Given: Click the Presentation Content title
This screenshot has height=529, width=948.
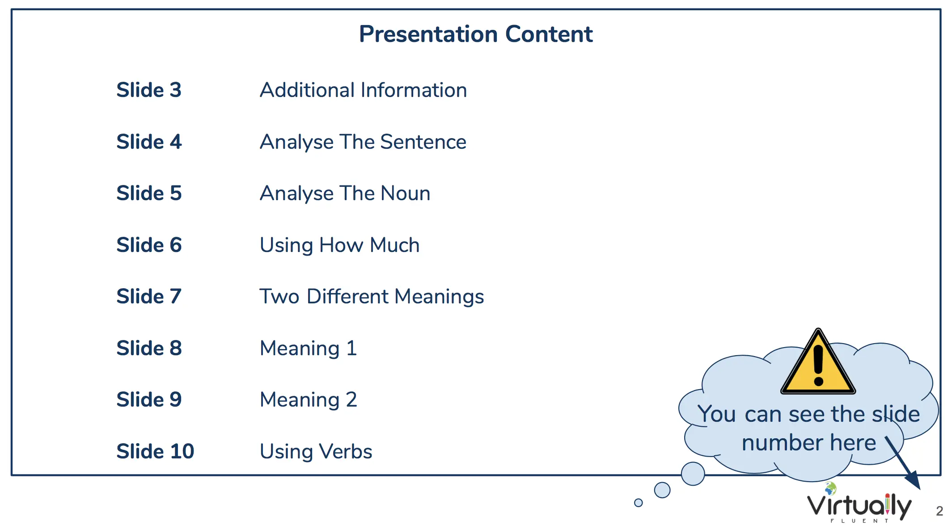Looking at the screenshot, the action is (x=476, y=34).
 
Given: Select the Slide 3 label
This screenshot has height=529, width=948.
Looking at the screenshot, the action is (x=149, y=90).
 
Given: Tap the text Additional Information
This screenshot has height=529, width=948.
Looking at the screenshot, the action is (x=363, y=90).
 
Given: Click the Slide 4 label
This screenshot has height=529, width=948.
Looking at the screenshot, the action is (x=149, y=142).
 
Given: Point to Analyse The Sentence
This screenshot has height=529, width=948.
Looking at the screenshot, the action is (x=363, y=142).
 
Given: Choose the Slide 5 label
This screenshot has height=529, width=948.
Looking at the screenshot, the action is (x=149, y=193).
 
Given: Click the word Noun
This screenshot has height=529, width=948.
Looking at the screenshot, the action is (x=406, y=193).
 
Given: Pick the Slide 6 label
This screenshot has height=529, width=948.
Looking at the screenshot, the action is (x=149, y=245).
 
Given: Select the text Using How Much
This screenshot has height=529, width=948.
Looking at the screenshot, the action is (x=340, y=245).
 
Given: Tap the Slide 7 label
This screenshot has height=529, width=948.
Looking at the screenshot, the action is (x=149, y=296).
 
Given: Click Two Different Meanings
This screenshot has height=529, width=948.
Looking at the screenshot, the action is (x=372, y=297).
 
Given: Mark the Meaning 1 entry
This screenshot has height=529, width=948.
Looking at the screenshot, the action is (x=309, y=348).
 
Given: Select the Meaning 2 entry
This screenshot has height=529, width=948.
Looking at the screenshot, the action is (x=309, y=400).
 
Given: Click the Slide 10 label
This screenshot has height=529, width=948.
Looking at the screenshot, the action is (x=155, y=451).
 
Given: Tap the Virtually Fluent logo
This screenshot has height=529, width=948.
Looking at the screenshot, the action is (x=859, y=503).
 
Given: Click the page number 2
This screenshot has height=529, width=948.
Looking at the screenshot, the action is (x=940, y=511).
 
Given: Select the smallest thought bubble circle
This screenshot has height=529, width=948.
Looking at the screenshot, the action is (x=639, y=503).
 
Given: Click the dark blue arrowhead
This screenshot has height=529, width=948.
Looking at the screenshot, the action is (x=914, y=481).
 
